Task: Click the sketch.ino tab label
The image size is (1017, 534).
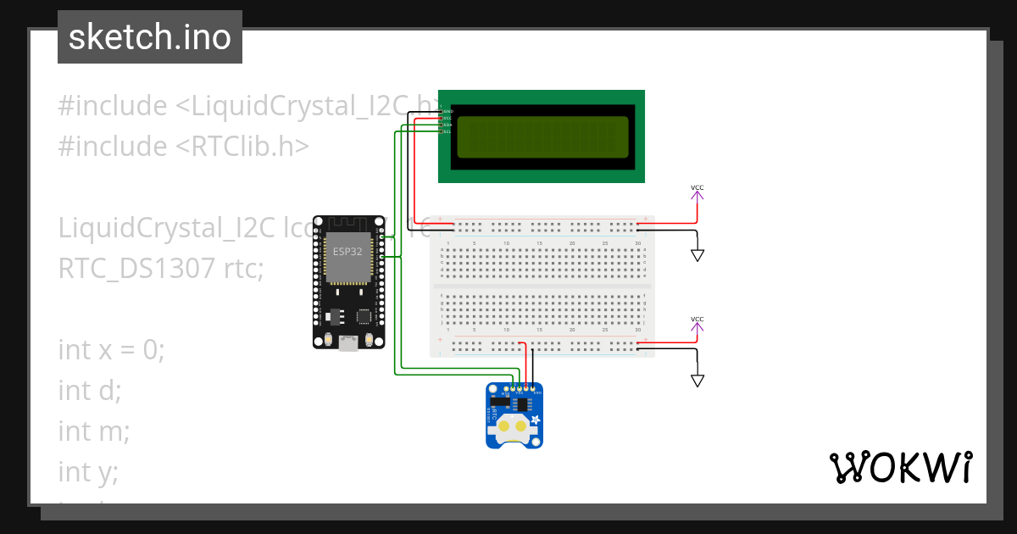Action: pos(149,37)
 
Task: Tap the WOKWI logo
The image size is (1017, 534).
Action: pos(900,467)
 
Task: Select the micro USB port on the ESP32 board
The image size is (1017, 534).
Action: pos(347,343)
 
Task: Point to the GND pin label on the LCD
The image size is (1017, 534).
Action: pos(447,111)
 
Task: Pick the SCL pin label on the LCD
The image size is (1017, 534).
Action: pos(447,131)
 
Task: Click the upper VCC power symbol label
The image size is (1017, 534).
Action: pos(697,187)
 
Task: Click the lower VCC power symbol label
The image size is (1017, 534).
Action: pos(697,320)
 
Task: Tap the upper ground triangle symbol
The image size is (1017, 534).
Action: pos(697,255)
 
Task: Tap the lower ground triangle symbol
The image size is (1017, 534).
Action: pos(697,381)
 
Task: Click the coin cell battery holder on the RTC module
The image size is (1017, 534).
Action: pos(514,427)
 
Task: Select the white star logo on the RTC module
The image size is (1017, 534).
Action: pos(536,420)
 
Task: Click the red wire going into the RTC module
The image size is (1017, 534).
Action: pos(526,364)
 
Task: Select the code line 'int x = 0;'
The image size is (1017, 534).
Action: pos(111,349)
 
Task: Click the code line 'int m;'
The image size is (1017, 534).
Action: pos(93,431)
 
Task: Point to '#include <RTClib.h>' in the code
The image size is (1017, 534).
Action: pos(183,146)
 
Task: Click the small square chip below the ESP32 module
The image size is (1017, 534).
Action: pos(364,316)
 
